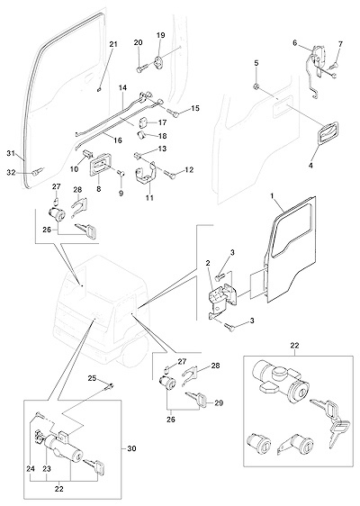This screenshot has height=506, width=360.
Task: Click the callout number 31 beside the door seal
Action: [x=11, y=154]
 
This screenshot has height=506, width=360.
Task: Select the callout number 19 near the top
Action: [x=160, y=35]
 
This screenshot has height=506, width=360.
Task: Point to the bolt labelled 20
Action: [x=142, y=68]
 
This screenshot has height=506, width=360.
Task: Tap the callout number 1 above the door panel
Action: [x=273, y=196]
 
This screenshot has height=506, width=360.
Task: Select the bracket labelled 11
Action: [x=145, y=177]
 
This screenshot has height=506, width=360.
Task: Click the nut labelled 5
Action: [x=256, y=86]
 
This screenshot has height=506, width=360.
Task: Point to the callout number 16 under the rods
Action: [x=118, y=140]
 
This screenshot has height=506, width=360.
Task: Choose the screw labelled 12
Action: [x=171, y=174]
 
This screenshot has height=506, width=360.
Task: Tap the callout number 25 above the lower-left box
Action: [x=93, y=378]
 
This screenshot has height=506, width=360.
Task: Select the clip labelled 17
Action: [x=143, y=122]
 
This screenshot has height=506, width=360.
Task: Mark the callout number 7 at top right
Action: [x=340, y=43]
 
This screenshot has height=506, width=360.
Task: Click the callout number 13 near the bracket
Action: [x=162, y=149]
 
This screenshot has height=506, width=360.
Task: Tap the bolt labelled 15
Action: [x=174, y=112]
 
